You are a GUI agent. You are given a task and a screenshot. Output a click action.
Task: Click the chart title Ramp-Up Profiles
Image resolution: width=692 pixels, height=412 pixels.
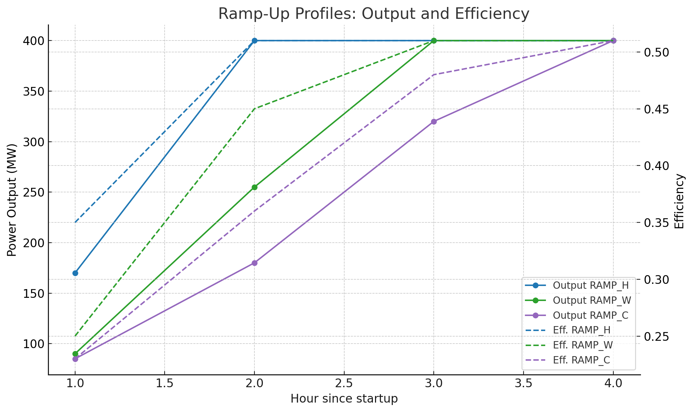(374, 14)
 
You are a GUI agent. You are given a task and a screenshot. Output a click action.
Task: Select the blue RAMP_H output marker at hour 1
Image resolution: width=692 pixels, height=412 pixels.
(75, 273)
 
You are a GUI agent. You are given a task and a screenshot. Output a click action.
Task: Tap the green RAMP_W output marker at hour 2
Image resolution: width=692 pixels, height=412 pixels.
(254, 187)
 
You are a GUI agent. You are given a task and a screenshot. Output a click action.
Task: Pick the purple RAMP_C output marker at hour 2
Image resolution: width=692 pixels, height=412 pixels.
(254, 263)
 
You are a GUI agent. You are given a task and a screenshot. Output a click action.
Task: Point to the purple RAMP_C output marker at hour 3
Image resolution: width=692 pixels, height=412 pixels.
(434, 122)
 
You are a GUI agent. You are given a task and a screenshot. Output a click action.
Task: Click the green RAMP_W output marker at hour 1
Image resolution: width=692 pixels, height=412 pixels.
(75, 354)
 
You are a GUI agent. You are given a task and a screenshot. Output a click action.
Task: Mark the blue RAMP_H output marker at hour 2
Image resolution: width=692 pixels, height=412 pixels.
(254, 41)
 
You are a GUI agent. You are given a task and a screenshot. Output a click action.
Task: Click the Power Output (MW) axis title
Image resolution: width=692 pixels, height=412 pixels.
(12, 200)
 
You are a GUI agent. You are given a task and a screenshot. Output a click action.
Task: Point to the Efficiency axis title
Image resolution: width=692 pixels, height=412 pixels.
(679, 201)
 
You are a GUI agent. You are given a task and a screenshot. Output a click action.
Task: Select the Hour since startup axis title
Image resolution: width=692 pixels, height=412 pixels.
(344, 399)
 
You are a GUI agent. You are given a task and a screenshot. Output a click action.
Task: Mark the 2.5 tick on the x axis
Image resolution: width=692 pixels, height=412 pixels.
(344, 383)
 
